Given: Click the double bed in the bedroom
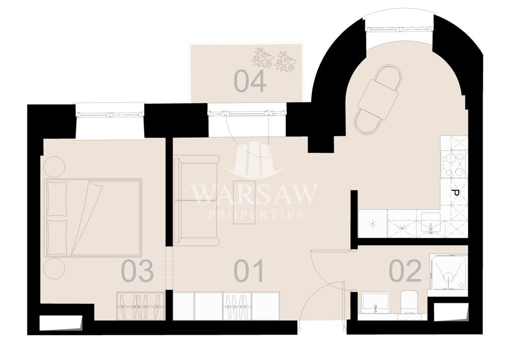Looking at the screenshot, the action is [93, 217].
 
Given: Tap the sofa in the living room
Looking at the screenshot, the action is [196, 200].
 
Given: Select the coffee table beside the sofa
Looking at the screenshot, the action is [244, 201].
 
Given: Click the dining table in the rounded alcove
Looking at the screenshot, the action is [378, 99].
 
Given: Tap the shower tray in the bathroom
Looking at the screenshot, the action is [449, 271].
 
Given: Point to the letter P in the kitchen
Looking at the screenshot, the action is [455, 193].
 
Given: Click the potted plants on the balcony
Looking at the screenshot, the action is [274, 59].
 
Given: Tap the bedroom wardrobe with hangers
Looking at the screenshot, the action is [141, 306].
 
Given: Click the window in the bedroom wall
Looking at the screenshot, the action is [110, 114].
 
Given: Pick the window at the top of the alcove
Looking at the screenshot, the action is [399, 29].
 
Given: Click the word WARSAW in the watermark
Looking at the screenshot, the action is [254, 194].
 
